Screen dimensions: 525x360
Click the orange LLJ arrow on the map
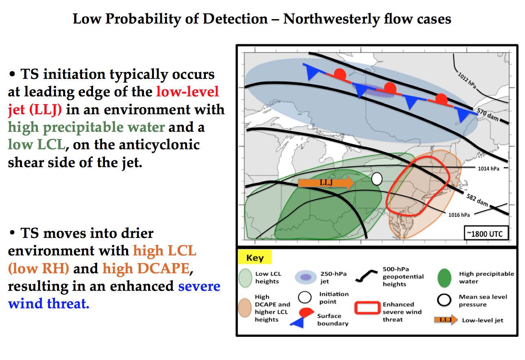326,183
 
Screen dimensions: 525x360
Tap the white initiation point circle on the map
377,179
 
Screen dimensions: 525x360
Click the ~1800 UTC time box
486,233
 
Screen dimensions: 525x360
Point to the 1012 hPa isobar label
467,81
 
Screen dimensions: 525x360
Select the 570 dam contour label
488,115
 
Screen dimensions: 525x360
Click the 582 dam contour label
477,200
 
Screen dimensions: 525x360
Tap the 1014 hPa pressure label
489,168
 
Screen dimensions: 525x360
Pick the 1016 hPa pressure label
459,215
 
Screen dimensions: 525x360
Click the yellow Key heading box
255,257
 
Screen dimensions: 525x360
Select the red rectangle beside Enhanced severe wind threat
367,308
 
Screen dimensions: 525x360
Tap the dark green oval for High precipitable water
444,278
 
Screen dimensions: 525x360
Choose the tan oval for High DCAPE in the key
245,307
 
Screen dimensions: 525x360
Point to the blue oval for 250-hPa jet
306,277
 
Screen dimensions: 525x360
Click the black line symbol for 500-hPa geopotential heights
366,276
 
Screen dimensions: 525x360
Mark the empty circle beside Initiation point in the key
305,297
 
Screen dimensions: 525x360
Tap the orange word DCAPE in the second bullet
146,268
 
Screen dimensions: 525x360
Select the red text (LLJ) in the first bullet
46,110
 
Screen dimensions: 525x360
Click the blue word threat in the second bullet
68,303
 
